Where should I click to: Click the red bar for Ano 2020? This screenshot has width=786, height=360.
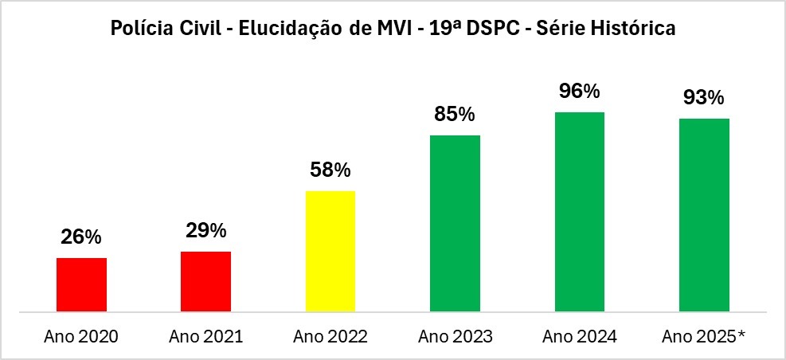81,284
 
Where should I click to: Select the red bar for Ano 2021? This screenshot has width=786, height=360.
205,281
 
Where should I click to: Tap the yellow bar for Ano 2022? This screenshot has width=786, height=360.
330,251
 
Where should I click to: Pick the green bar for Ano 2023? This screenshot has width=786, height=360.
455,223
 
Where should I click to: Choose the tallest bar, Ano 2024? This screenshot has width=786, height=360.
580,211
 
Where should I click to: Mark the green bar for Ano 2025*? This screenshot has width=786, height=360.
704,214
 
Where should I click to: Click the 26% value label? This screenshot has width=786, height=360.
81,237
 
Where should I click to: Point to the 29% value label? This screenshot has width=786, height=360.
206,230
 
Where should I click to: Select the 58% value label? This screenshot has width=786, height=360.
330,170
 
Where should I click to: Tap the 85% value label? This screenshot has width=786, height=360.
455,114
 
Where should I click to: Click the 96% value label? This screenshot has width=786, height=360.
580,92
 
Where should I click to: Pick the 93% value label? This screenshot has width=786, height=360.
704,97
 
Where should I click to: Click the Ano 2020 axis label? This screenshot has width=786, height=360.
81,336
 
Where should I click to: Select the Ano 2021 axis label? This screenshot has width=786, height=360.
205,336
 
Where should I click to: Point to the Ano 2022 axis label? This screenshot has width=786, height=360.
330,336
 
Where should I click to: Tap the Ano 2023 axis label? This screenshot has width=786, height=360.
455,336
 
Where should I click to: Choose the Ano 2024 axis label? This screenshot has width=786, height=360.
580,336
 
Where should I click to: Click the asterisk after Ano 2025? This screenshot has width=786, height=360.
741,335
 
